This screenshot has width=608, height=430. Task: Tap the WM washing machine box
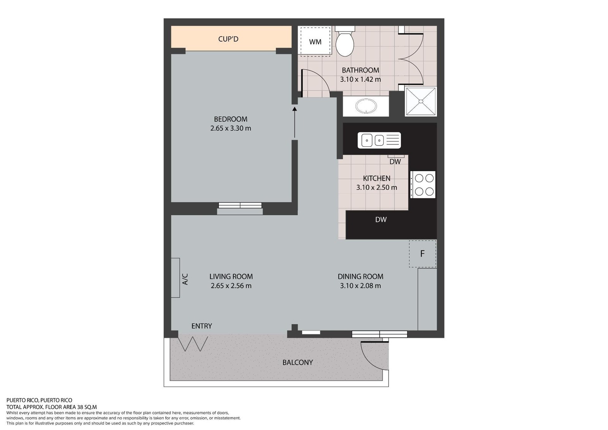click(315, 41)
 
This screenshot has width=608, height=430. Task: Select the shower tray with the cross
click(421, 101)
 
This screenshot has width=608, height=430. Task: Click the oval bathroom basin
click(366, 106)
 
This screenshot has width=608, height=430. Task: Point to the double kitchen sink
click(379, 140)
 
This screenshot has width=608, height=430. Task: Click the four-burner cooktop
click(423, 185)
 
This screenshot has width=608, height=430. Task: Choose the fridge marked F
click(423, 254)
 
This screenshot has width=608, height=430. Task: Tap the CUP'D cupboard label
click(228, 39)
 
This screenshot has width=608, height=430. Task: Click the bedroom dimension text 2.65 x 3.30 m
click(231, 128)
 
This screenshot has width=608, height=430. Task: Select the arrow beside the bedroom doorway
click(294, 122)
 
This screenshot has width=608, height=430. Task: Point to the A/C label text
click(185, 279)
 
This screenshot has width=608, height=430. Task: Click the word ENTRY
click(202, 326)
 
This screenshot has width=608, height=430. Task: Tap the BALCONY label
click(298, 362)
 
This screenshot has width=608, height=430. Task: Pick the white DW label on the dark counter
click(381, 219)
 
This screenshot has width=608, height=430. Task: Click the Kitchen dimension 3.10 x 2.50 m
click(377, 187)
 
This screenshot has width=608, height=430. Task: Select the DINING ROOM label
click(361, 276)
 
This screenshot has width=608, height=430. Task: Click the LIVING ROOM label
click(231, 276)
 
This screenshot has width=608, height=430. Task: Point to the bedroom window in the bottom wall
click(240, 205)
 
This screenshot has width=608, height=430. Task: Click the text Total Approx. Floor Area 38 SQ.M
click(52, 407)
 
